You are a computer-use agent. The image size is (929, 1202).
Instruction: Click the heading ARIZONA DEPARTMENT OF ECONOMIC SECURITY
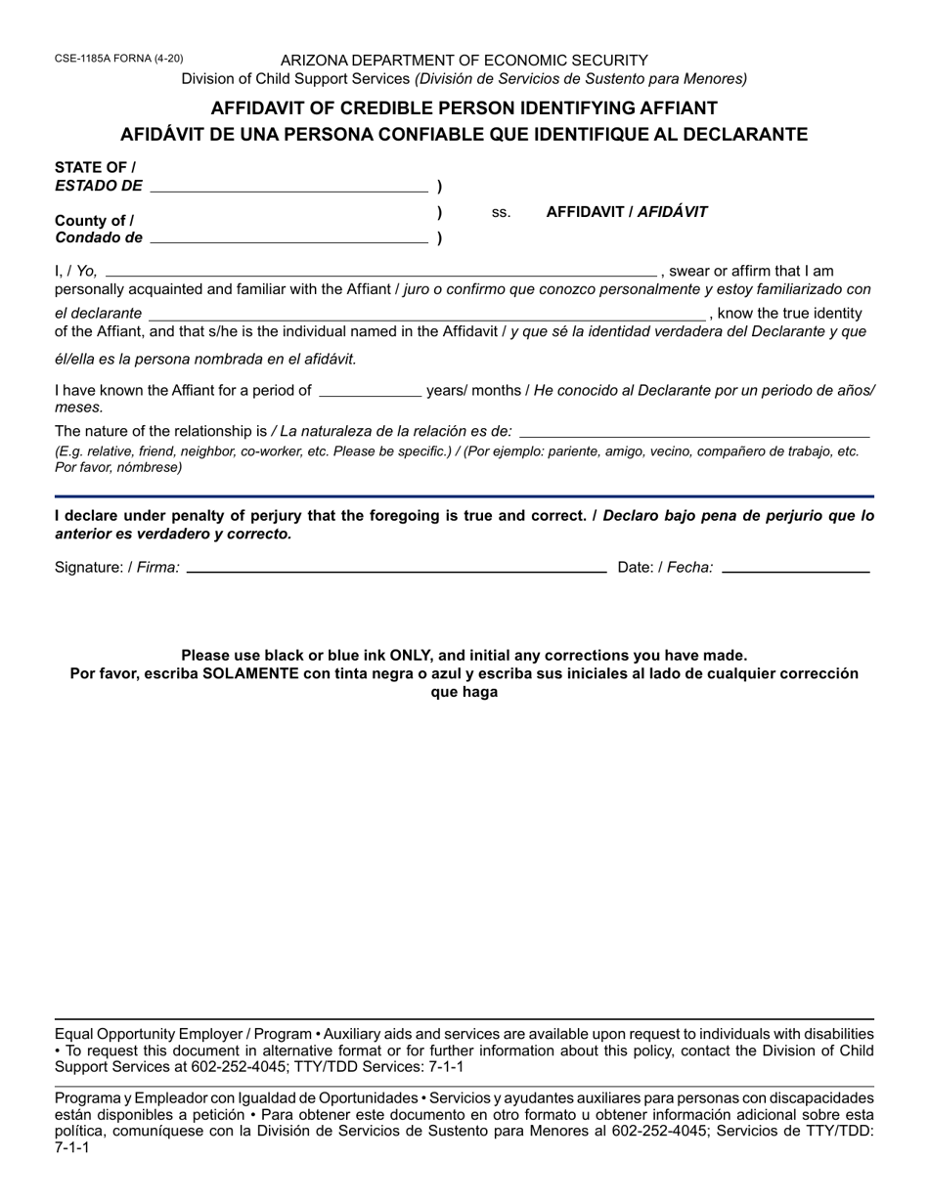coord(464,60)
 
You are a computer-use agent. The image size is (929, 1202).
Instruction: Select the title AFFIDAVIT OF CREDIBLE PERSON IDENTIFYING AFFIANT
coord(464,107)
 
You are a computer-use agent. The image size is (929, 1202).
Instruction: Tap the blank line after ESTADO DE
coord(288,186)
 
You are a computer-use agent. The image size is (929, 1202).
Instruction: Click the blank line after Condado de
coord(288,237)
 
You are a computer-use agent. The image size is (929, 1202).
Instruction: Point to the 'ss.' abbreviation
coord(501,212)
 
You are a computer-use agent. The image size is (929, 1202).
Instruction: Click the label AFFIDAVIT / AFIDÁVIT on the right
coord(627,211)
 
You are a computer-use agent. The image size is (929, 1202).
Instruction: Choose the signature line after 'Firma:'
coord(396,567)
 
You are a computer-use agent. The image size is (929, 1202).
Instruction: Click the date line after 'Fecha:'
coord(795,567)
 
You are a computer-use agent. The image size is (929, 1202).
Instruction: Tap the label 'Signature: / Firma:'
coord(117,567)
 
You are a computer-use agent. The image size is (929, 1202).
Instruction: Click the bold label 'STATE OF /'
coord(95,167)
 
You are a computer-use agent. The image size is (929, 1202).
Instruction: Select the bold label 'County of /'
coord(94,220)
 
